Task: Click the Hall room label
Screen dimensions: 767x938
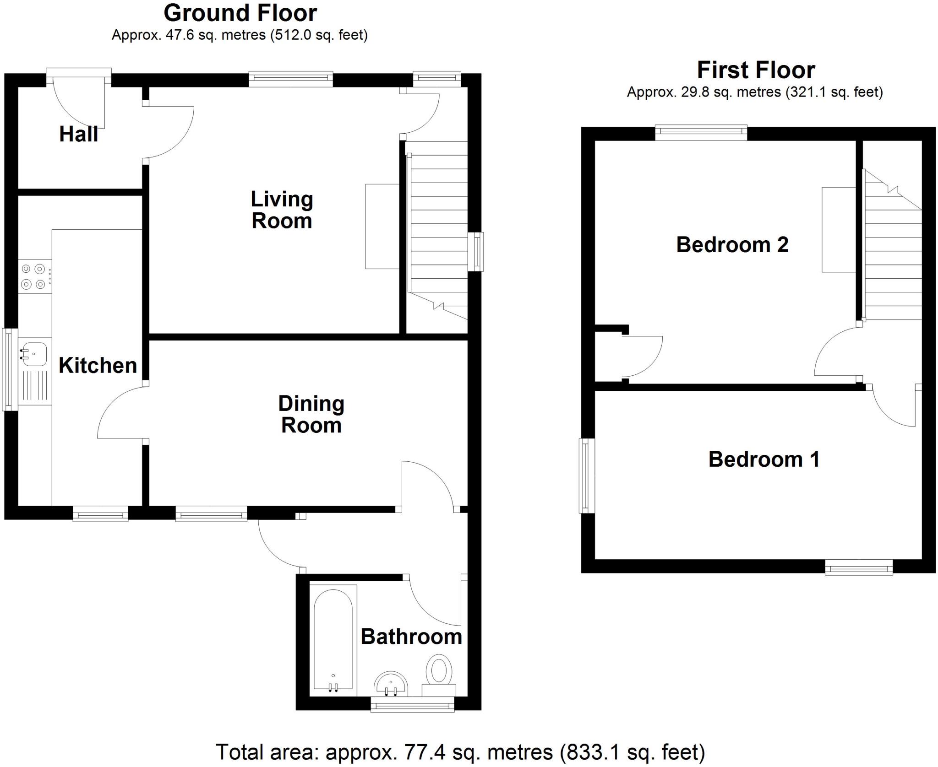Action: click(x=78, y=134)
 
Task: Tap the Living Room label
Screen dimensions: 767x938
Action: click(x=282, y=210)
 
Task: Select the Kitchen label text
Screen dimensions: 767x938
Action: click(x=98, y=365)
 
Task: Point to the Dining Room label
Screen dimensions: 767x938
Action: click(x=311, y=414)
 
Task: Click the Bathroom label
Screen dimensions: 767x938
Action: click(x=411, y=637)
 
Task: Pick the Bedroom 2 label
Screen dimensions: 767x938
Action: click(x=732, y=244)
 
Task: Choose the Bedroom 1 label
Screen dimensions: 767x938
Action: click(x=763, y=459)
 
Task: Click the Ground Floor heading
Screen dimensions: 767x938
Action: click(x=240, y=13)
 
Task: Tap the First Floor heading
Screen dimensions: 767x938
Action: click(x=756, y=70)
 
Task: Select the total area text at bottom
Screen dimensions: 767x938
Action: click(x=460, y=752)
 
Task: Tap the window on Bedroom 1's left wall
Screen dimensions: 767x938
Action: click(x=587, y=475)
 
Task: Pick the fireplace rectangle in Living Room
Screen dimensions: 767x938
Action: click(x=382, y=226)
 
